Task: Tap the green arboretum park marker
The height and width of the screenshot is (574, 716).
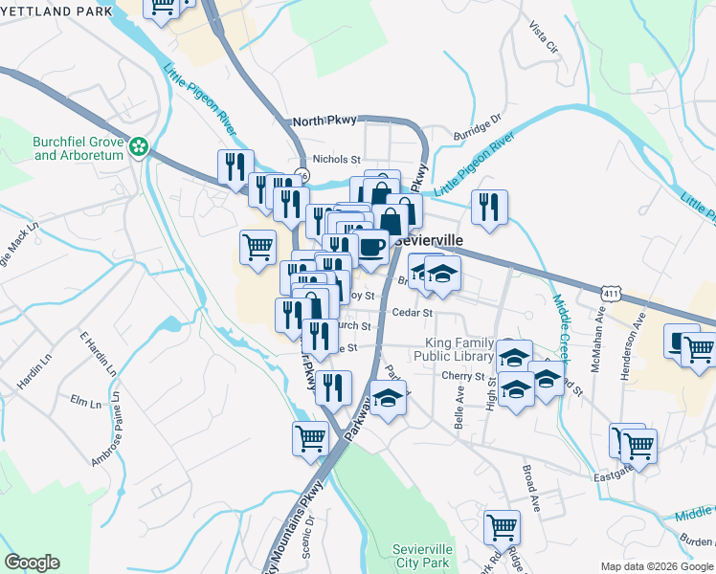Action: tap(139, 147)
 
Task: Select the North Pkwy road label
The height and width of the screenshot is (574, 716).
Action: tap(324, 121)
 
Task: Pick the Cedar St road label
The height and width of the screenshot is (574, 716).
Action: tap(413, 312)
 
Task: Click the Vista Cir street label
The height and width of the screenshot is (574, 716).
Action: tap(543, 37)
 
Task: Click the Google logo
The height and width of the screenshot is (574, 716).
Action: tap(32, 563)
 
